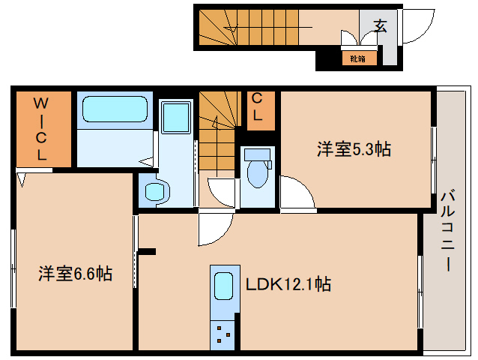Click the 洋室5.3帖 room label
pyautogui.click(x=353, y=149)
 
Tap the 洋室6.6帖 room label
pyautogui.click(x=75, y=274)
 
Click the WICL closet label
pyautogui.click(x=42, y=128)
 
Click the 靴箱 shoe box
pyautogui.click(x=357, y=58)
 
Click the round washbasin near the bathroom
pyautogui.click(x=154, y=193)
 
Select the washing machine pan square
pyautogui.click(x=177, y=118)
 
